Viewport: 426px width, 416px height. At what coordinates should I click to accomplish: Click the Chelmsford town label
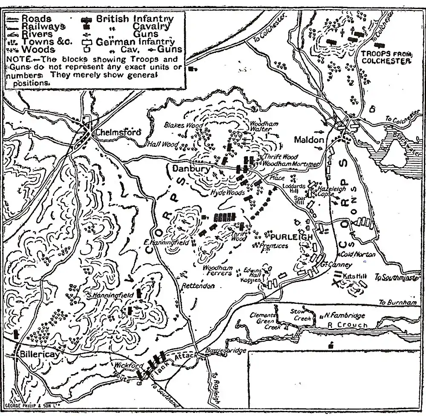click(x=118, y=132)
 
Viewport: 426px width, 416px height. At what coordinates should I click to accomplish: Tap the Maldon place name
click(x=309, y=140)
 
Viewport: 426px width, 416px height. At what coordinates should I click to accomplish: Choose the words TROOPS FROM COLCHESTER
click(x=386, y=57)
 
